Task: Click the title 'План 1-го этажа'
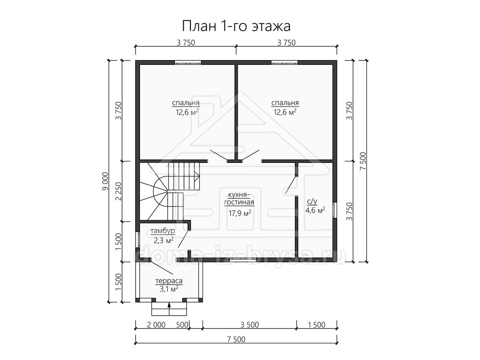point(236,26)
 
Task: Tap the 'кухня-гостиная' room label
point(239,198)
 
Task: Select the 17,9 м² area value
point(240,213)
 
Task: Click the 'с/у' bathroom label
point(312,201)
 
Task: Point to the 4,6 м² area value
point(315,210)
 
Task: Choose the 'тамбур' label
point(163,231)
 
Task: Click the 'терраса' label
point(169,281)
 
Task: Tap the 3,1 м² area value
point(169,289)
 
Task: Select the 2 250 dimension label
point(118,191)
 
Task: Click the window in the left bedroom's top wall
point(188,62)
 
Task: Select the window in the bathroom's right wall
point(335,210)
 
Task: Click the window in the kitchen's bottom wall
point(243,260)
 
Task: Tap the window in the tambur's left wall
point(137,240)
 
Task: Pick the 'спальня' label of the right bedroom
point(285,103)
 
